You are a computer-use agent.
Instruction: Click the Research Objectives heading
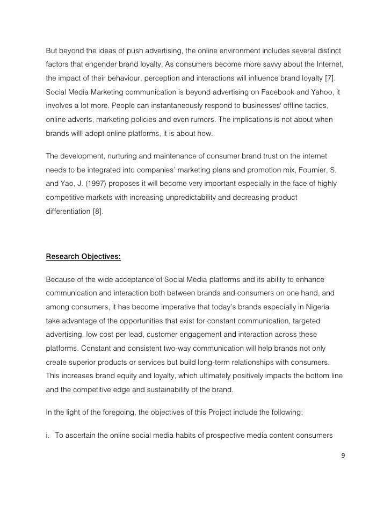pos(83,256)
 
